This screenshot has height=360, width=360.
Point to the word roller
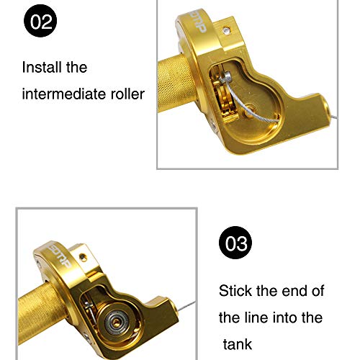[127, 94]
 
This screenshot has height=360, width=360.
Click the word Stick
[236, 291]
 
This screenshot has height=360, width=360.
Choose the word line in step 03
[258, 317]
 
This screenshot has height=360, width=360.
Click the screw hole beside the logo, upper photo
[228, 31]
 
